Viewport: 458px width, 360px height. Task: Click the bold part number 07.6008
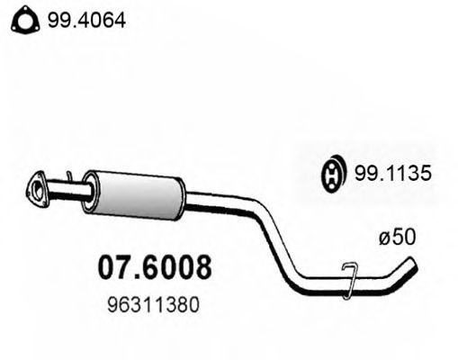[x=154, y=267]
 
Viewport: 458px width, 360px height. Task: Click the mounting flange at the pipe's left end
[x=39, y=189]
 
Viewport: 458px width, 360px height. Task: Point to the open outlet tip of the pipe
[x=413, y=264]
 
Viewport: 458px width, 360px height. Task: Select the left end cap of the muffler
[x=88, y=191]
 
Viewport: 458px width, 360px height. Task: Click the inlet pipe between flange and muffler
[x=67, y=190]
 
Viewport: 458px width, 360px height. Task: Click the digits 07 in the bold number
[x=112, y=267]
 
